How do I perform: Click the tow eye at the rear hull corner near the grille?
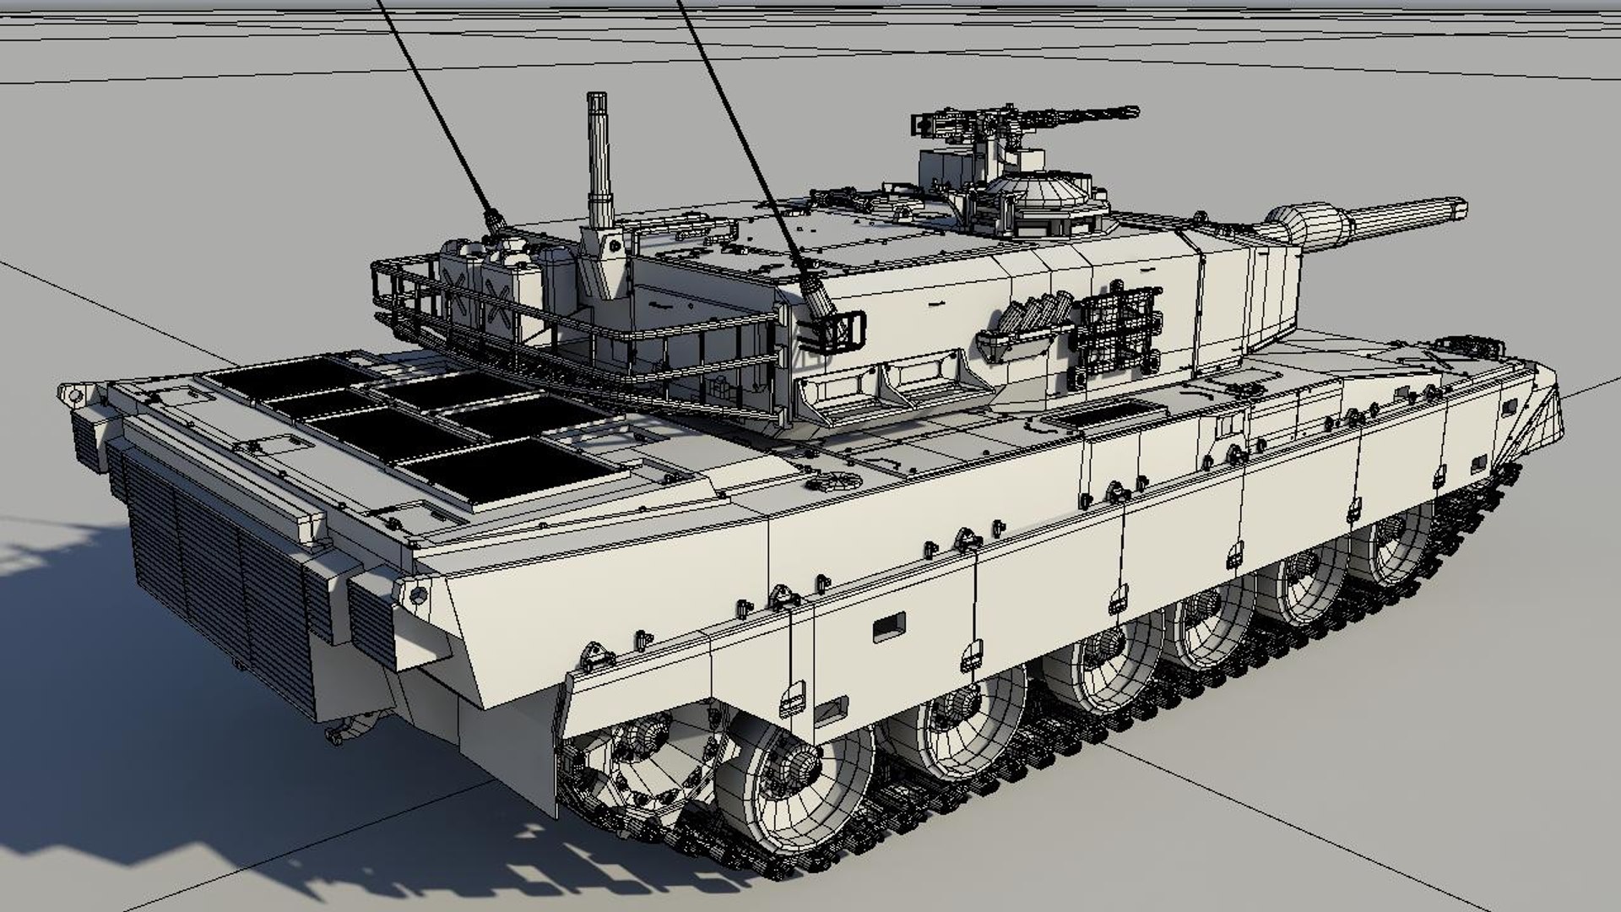(415, 594)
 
